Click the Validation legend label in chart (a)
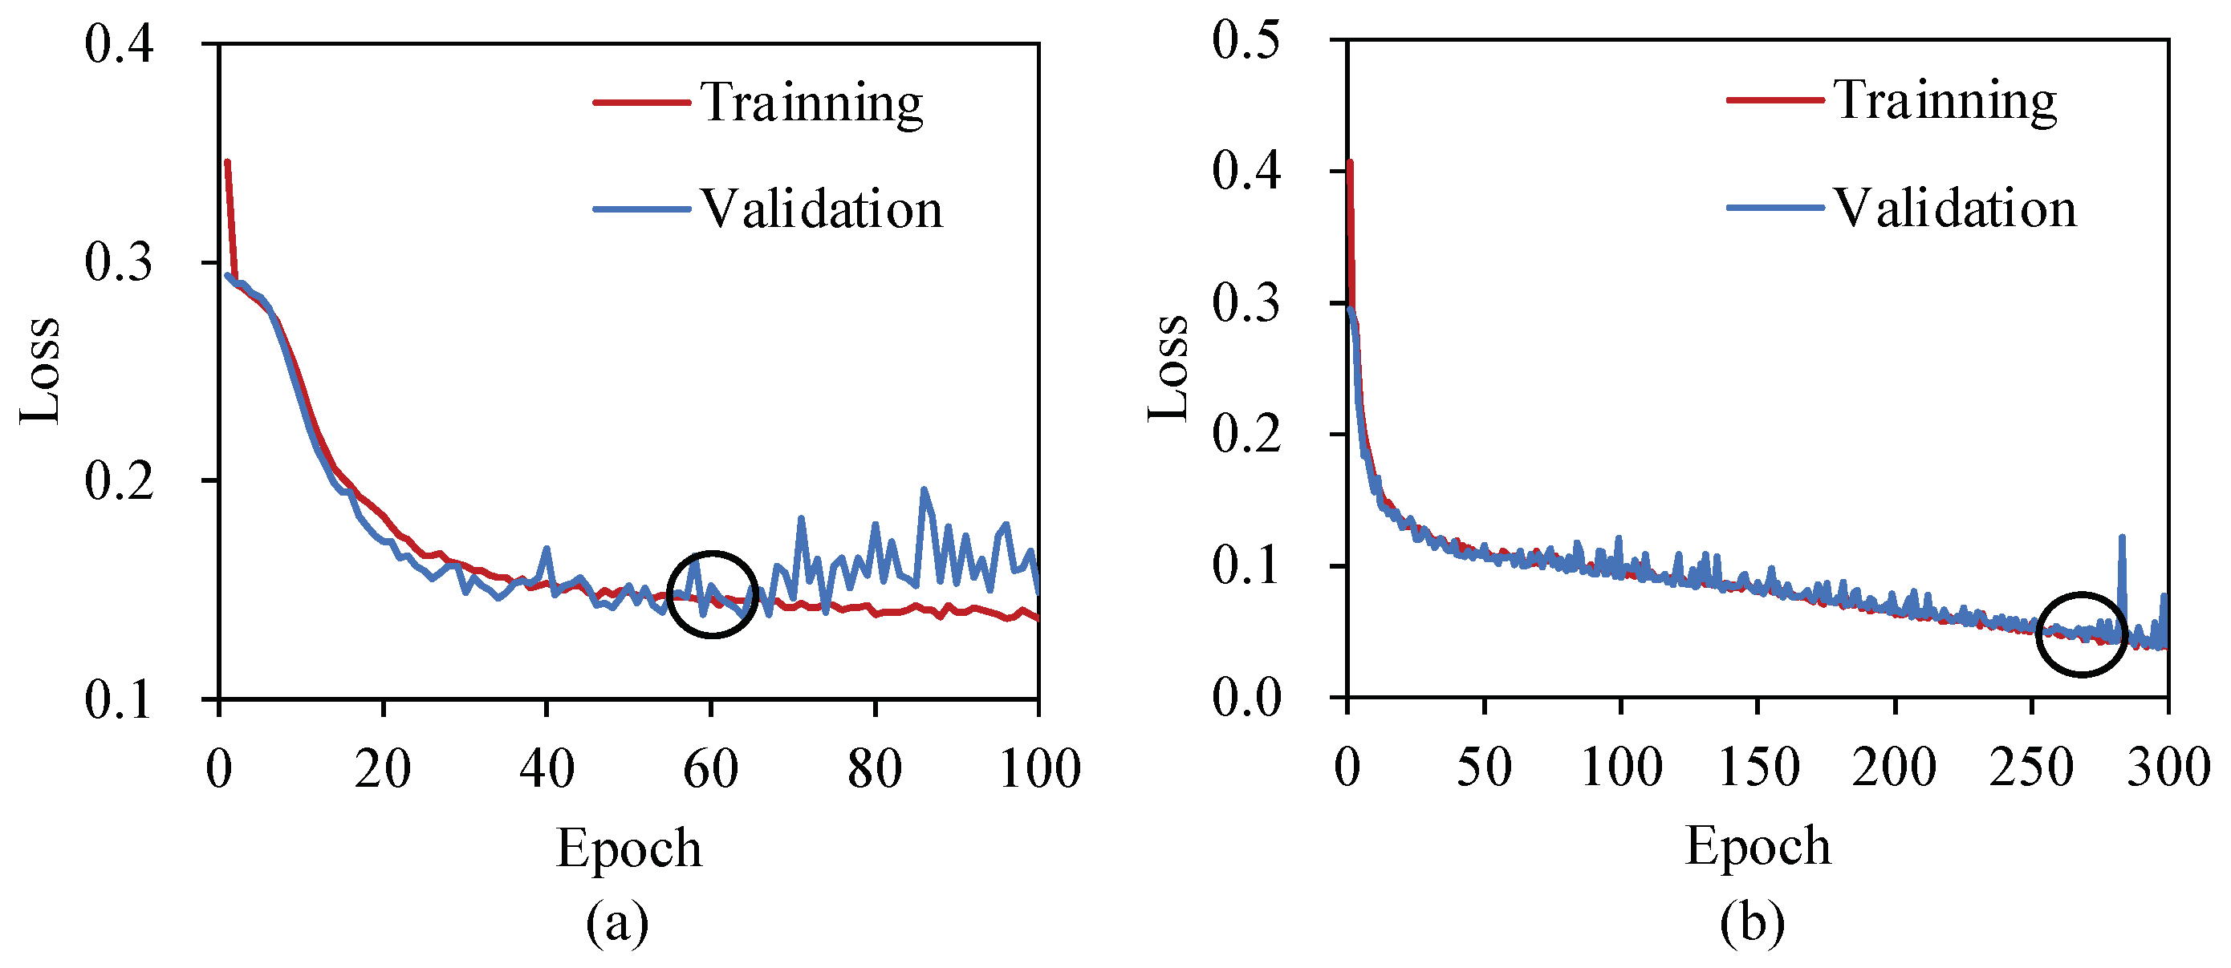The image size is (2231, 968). pyautogui.click(x=821, y=209)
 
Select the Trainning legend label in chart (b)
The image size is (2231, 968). pyautogui.click(x=1945, y=101)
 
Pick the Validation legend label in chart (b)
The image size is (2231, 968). pyautogui.click(x=1955, y=209)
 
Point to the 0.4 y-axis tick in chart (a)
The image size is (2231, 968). pyautogui.click(x=119, y=43)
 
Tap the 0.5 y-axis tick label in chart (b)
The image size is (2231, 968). pyautogui.click(x=1246, y=40)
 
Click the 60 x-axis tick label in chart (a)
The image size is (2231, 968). pyautogui.click(x=710, y=769)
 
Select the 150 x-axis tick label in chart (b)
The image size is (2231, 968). pyautogui.click(x=1758, y=768)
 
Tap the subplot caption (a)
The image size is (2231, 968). pyautogui.click(x=616, y=923)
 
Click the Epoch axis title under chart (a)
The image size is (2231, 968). pyautogui.click(x=628, y=849)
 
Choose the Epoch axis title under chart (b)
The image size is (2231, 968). pyautogui.click(x=1758, y=846)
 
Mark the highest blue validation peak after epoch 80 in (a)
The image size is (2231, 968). pyautogui.click(x=923, y=490)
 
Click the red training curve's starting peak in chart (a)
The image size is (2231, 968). pyautogui.click(x=227, y=162)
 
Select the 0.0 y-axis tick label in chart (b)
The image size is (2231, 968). pyautogui.click(x=1246, y=698)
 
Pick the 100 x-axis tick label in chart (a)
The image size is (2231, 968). pyautogui.click(x=1039, y=769)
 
